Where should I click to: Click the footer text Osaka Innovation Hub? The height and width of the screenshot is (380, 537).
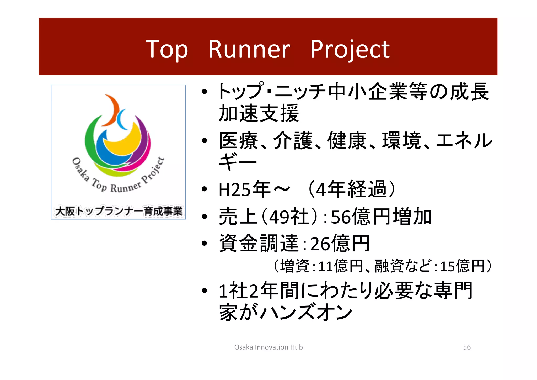click(x=268, y=347)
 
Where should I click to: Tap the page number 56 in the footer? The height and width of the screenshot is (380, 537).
click(x=467, y=347)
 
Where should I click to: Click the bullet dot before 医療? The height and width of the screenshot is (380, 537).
click(x=205, y=141)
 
